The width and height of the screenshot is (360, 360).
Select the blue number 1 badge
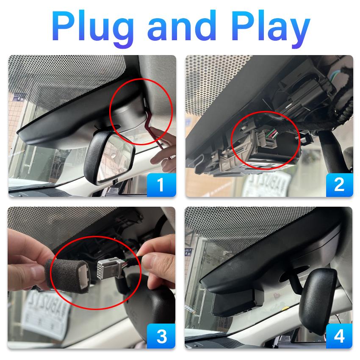tap(161, 185)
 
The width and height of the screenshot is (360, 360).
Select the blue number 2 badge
tap(339, 185)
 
